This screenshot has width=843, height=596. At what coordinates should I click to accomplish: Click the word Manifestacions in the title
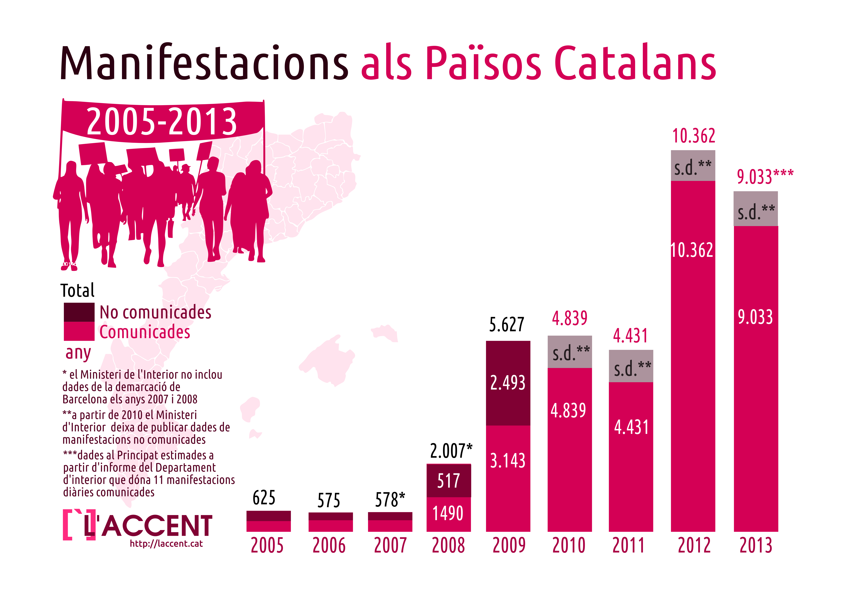[x=204, y=62]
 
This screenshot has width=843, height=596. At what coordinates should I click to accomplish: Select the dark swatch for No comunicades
[x=79, y=312]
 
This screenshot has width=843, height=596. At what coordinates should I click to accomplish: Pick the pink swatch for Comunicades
[x=79, y=331]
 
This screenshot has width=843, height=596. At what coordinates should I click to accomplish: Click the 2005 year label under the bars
[x=267, y=545]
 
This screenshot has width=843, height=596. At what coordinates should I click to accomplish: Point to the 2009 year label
[x=509, y=545]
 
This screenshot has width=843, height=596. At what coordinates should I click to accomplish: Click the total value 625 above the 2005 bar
[x=264, y=498]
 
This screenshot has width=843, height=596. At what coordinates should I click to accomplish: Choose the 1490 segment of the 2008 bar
[x=448, y=513]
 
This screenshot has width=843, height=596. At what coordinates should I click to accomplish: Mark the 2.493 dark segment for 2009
[x=508, y=383]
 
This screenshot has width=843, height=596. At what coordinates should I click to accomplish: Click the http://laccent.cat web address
[x=166, y=544]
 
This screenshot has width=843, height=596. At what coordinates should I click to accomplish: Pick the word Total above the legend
[x=78, y=290]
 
